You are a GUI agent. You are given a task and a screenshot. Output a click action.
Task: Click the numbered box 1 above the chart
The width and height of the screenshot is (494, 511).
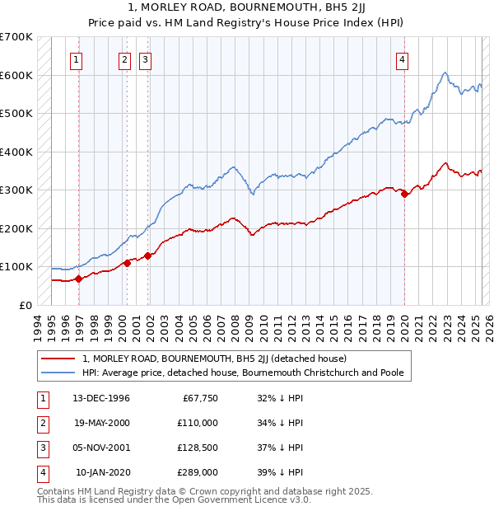click(76, 59)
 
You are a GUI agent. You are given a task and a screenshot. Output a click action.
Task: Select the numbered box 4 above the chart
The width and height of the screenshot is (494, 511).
click(402, 59)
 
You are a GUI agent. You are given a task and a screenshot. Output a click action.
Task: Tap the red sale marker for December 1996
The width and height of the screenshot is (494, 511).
click(79, 279)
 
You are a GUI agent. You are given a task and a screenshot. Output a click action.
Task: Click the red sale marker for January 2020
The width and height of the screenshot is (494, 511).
click(404, 195)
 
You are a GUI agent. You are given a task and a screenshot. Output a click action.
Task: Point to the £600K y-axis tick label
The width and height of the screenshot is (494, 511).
click(16, 75)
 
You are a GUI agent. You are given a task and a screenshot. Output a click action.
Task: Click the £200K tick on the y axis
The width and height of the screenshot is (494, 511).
click(16, 228)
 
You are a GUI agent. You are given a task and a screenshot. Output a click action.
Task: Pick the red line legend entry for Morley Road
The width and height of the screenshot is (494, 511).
click(214, 359)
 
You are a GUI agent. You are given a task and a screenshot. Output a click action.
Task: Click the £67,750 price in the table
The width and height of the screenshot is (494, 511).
click(199, 398)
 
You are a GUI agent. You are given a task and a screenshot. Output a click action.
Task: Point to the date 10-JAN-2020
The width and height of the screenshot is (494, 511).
click(101, 472)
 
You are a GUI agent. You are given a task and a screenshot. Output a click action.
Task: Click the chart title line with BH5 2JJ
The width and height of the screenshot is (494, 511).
click(246, 9)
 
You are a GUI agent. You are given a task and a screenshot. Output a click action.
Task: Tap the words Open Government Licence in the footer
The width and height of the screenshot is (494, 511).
click(235, 499)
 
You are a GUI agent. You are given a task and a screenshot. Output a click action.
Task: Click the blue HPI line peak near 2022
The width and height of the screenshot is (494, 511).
click(445, 73)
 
